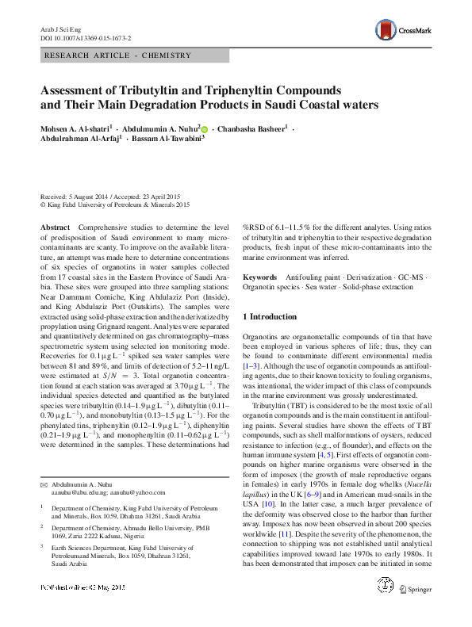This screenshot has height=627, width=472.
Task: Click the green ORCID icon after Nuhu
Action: [x=204, y=128]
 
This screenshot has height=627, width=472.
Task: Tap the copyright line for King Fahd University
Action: [x=115, y=205]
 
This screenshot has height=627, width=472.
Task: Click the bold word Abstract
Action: [x=55, y=227]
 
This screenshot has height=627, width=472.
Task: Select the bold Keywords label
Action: [x=259, y=277]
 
